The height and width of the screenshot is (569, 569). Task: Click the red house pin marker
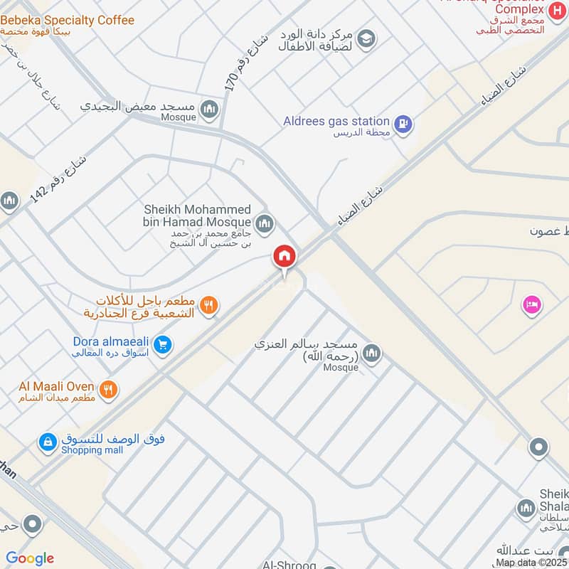coord(284,257)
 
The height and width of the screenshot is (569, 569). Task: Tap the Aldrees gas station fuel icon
coord(403,123)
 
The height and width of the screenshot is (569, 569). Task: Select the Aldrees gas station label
coord(336,122)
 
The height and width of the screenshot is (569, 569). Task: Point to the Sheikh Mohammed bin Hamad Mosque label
coord(197,216)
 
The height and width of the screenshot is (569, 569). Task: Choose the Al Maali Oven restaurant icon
coord(108,389)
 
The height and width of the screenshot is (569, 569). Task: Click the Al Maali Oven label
coord(56,386)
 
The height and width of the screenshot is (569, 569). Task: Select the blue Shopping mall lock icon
coord(48,442)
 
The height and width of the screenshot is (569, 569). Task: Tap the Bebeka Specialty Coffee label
coord(67,20)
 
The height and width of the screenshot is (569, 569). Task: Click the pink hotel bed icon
coord(532,304)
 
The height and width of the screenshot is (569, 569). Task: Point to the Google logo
coord(30,558)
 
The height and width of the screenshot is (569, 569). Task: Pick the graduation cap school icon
coord(366,38)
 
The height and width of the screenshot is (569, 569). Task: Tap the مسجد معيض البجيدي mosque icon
coord(209,109)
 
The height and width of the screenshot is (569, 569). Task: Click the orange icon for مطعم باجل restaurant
coord(209,305)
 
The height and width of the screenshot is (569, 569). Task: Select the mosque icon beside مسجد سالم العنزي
coord(371,352)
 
